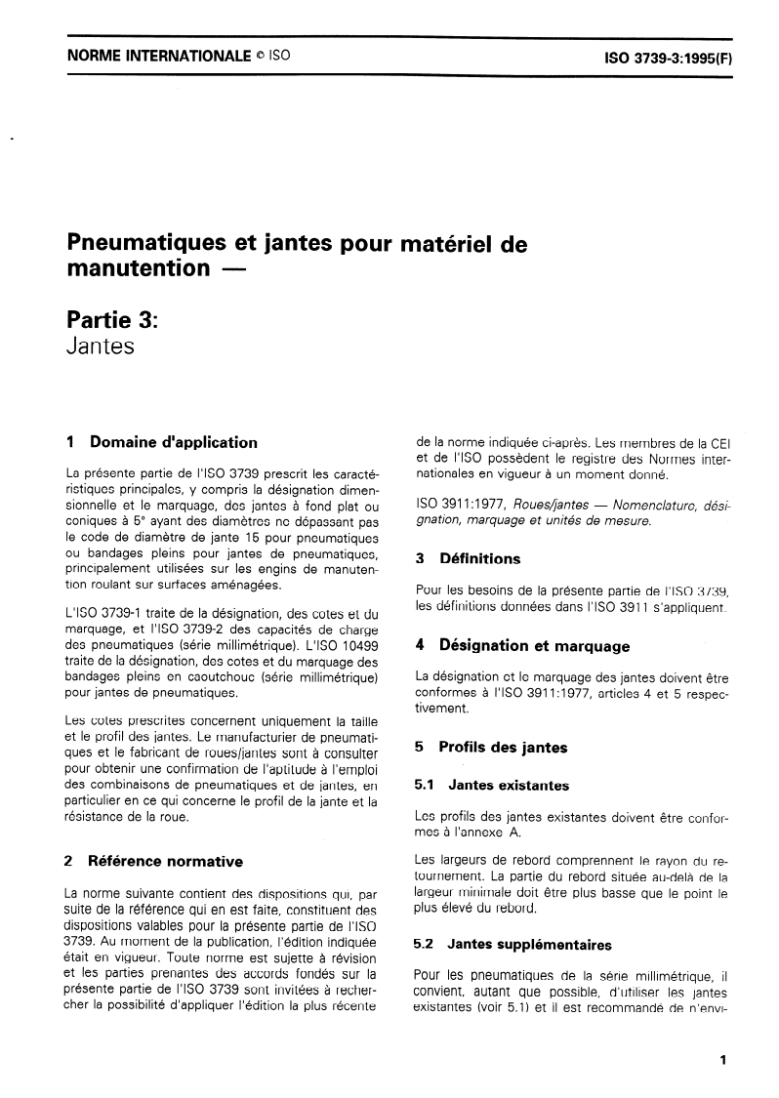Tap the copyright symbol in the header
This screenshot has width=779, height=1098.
260,57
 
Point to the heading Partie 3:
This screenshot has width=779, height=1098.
104,319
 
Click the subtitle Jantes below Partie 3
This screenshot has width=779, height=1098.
99,346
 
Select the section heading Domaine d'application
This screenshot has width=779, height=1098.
173,442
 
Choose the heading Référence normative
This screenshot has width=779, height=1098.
165,861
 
